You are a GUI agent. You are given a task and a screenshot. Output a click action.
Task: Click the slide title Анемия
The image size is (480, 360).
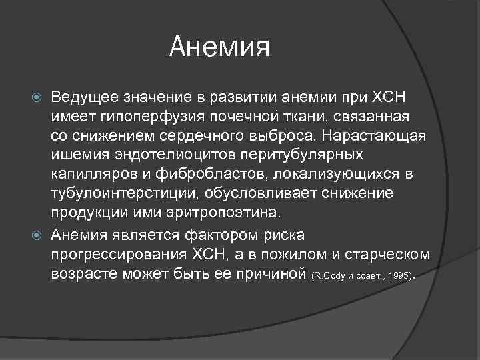pos(219,47)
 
